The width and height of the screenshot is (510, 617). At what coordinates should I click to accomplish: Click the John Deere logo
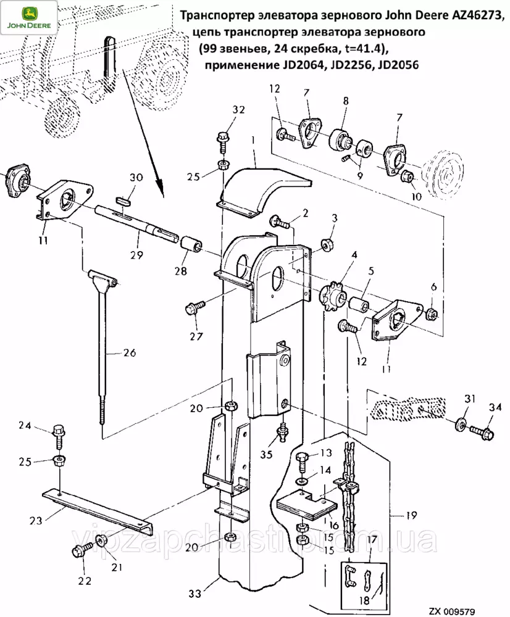(29, 17)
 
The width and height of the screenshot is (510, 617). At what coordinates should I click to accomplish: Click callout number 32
(222, 110)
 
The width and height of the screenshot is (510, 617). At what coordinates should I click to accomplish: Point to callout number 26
(129, 354)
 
